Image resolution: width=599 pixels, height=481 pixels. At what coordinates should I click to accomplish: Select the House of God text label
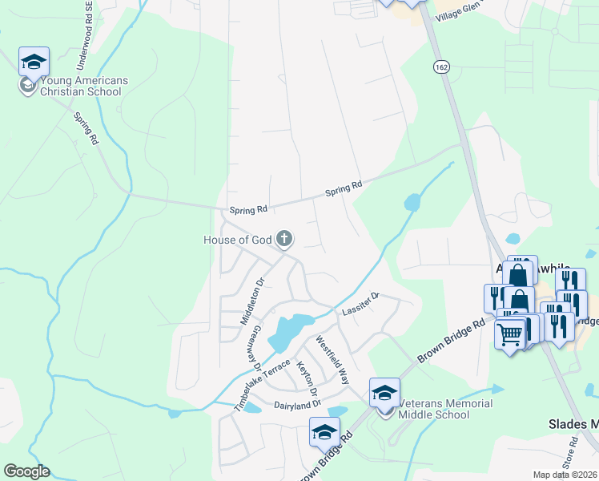(237, 240)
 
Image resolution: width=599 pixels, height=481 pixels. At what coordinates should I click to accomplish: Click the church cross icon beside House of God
(283, 238)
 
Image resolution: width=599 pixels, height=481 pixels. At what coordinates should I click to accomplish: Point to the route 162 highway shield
(441, 67)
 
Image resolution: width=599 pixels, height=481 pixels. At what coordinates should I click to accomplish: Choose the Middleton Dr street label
(251, 301)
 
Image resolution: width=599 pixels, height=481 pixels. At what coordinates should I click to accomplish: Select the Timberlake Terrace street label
(261, 386)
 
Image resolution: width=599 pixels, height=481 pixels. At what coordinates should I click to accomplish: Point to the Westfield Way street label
(332, 359)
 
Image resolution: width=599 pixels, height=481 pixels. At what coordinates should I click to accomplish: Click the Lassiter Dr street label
(360, 304)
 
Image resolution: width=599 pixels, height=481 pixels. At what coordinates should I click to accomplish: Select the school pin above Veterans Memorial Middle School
(384, 393)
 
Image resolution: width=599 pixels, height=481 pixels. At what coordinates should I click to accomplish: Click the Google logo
(26, 471)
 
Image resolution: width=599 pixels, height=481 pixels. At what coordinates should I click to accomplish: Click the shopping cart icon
(510, 334)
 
